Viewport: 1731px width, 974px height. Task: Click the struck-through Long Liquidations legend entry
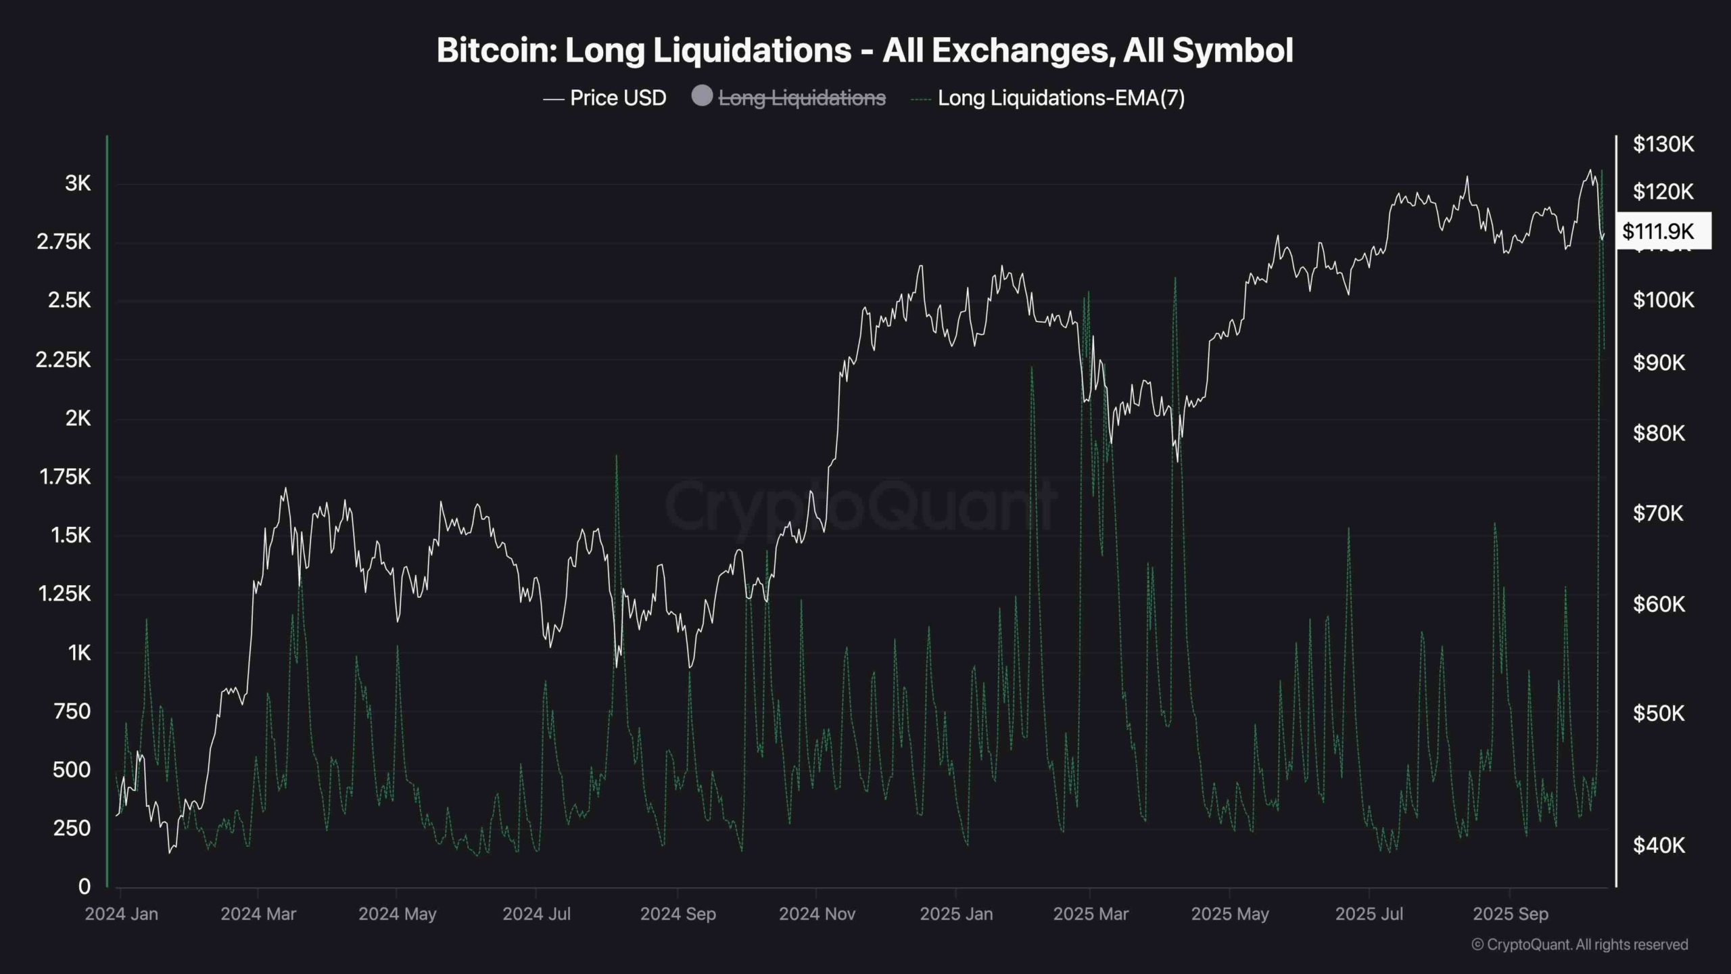pos(802,98)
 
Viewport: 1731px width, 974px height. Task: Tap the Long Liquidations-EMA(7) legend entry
pos(1060,98)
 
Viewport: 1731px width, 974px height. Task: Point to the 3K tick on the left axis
pos(78,183)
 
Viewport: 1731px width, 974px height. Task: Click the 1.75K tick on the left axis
pos(65,477)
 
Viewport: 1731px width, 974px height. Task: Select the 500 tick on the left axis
pos(72,770)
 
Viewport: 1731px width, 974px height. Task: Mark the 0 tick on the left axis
pos(84,886)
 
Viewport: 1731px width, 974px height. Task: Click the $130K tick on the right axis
pos(1663,144)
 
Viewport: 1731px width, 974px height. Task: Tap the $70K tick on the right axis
pos(1658,513)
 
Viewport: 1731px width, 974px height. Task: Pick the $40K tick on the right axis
pos(1658,845)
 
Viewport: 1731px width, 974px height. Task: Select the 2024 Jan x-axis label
pos(122,914)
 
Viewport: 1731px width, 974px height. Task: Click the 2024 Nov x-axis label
pos(817,914)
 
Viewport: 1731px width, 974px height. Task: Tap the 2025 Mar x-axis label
pos(1091,914)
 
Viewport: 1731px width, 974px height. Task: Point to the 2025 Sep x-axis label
pos(1510,914)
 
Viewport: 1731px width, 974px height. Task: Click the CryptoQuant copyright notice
pos(1580,944)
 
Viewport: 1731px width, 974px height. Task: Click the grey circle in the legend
pos(702,96)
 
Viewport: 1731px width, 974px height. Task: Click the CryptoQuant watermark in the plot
pos(860,504)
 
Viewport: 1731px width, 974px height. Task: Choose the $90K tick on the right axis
pos(1658,363)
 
